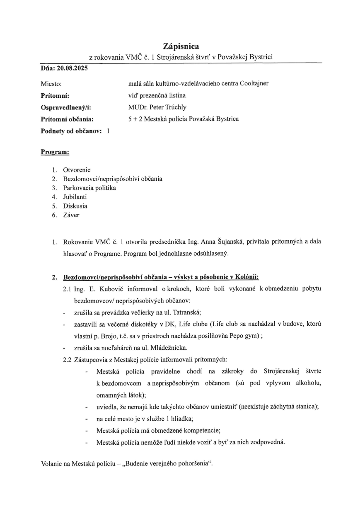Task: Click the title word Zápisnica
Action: [x=181, y=46]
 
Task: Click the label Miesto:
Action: [x=51, y=84]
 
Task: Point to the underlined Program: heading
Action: [x=55, y=152]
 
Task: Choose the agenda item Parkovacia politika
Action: [x=89, y=188]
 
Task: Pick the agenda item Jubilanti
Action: [x=75, y=197]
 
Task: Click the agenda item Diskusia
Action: [x=75, y=206]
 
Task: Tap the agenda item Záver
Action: [x=71, y=215]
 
